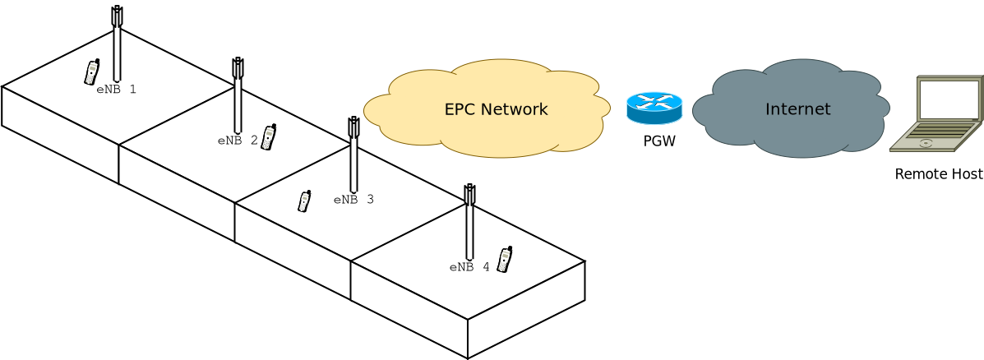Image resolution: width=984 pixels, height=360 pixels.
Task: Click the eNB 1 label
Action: pyautogui.click(x=116, y=90)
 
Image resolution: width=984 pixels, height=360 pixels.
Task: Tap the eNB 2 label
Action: pyautogui.click(x=238, y=141)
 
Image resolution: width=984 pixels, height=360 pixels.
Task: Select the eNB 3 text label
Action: pyautogui.click(x=353, y=200)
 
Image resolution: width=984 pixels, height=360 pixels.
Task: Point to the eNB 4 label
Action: pyautogui.click(x=469, y=267)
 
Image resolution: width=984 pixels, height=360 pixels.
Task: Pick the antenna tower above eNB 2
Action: pyautogui.click(x=238, y=95)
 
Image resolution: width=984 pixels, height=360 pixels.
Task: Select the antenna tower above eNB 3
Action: pyautogui.click(x=353, y=155)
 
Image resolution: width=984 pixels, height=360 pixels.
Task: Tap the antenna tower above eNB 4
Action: pyautogui.click(x=469, y=222)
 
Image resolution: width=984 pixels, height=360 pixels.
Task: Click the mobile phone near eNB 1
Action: pyautogui.click(x=91, y=72)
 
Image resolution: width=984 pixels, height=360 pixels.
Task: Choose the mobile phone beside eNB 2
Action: pyautogui.click(x=268, y=137)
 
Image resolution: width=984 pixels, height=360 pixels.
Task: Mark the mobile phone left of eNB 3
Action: pyautogui.click(x=304, y=201)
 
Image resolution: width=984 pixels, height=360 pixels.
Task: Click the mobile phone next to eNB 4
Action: pyautogui.click(x=505, y=260)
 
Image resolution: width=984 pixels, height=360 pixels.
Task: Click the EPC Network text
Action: pyautogui.click(x=496, y=109)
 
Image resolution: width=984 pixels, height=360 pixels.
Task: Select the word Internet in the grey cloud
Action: pyautogui.click(x=797, y=109)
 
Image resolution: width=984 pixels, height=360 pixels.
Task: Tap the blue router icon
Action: pyautogui.click(x=654, y=108)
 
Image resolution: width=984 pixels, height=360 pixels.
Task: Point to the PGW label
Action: pyautogui.click(x=659, y=141)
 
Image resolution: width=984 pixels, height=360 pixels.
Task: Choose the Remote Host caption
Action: pyautogui.click(x=938, y=174)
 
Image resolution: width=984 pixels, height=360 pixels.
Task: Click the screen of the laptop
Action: pyautogui.click(x=949, y=99)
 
